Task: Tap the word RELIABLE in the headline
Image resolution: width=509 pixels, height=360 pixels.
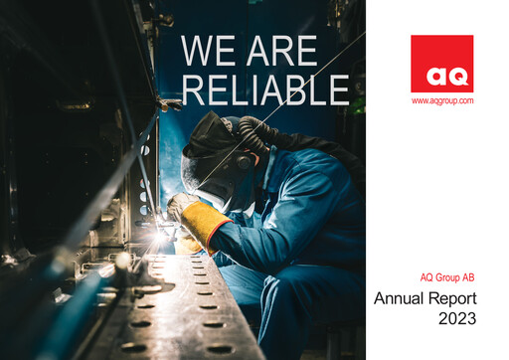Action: coord(264,89)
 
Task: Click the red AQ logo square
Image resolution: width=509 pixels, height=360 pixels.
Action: coord(441,64)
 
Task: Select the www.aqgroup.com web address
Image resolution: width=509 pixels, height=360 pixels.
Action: coord(441,100)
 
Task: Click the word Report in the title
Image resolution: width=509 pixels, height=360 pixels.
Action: coord(453,297)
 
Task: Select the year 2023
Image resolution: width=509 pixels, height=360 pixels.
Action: coord(456,319)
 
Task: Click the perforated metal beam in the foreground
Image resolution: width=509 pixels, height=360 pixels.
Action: coord(179,308)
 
